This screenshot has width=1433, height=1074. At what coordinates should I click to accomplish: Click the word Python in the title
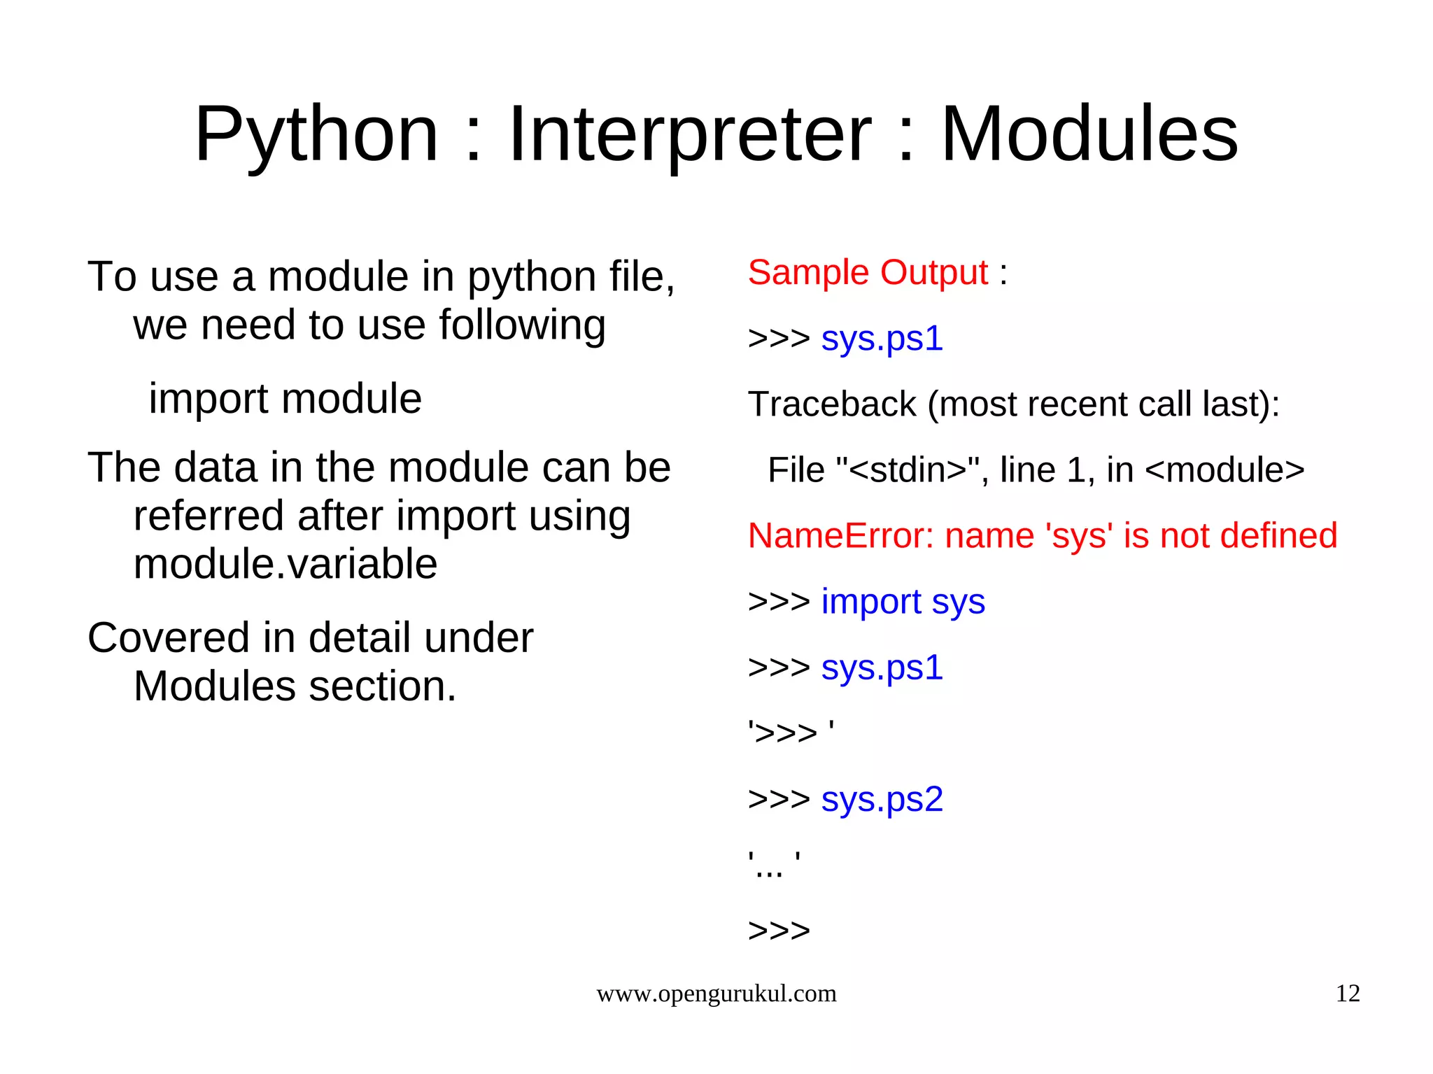(x=316, y=134)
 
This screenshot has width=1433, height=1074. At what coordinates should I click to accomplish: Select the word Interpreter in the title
(x=690, y=134)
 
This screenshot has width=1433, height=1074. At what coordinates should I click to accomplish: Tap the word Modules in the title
(x=1089, y=134)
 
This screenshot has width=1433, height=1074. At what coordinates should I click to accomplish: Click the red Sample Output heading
(x=868, y=272)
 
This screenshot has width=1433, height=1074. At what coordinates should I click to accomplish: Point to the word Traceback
(x=832, y=404)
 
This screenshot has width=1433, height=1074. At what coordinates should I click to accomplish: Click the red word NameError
(x=840, y=536)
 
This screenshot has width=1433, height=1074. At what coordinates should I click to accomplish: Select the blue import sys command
(x=903, y=602)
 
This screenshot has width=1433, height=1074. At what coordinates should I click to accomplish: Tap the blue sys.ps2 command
(x=882, y=799)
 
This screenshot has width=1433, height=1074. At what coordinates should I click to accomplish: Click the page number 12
(x=1348, y=994)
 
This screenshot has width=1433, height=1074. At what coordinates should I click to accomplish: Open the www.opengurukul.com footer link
(x=716, y=994)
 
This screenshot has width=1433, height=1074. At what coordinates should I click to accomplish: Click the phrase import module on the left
(x=285, y=399)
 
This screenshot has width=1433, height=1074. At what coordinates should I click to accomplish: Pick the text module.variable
(x=285, y=564)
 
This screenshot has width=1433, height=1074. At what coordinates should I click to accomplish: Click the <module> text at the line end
(x=1224, y=470)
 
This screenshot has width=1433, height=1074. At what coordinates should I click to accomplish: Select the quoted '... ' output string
(x=773, y=865)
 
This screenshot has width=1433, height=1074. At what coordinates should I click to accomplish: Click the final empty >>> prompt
(x=779, y=931)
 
